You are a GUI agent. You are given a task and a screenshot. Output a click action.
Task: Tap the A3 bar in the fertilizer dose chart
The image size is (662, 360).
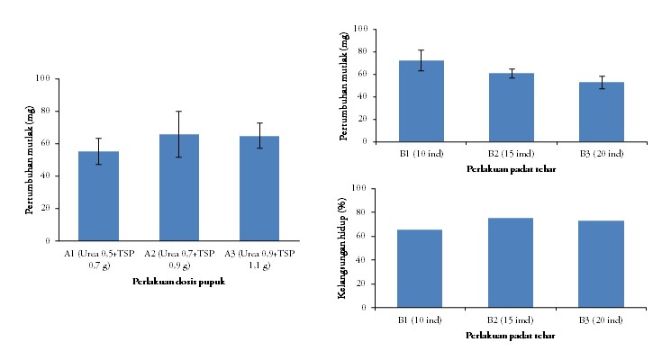click(x=258, y=189)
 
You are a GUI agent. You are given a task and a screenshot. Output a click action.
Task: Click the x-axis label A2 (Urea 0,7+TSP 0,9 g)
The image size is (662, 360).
click(x=179, y=259)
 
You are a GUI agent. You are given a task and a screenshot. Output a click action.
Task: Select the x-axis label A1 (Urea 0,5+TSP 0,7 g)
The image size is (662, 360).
click(x=99, y=259)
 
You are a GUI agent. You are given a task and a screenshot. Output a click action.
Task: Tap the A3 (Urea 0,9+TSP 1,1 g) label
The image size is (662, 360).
click(x=259, y=259)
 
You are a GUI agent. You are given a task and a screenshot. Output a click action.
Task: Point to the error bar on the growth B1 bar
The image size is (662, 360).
click(x=422, y=60)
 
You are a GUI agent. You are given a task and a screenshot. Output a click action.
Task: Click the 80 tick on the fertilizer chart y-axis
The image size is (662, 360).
click(x=43, y=111)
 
